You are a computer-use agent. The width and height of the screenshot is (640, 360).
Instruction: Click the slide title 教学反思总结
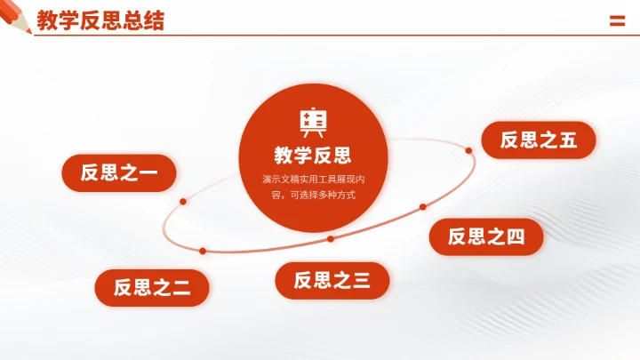(x=100, y=20)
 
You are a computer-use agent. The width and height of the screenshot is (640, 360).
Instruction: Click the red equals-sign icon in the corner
(x=617, y=21)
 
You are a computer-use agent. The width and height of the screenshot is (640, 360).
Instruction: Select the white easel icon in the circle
(x=313, y=121)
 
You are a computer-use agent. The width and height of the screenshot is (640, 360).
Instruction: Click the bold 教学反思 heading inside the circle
(x=313, y=156)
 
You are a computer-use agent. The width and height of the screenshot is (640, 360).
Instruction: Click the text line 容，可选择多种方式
(x=313, y=194)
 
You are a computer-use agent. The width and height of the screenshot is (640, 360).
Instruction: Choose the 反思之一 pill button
(x=118, y=172)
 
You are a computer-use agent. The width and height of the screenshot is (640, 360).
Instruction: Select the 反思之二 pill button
(x=152, y=287)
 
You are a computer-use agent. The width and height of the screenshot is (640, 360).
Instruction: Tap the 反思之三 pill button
(x=332, y=281)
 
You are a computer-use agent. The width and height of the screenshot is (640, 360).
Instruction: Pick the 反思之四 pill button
(x=485, y=236)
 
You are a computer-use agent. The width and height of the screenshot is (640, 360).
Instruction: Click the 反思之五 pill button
(x=538, y=140)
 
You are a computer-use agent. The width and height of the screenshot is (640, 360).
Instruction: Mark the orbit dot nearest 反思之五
(x=469, y=151)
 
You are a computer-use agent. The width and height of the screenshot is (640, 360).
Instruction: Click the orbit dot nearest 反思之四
(x=423, y=207)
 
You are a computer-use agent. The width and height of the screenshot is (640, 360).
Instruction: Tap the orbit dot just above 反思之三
(x=331, y=238)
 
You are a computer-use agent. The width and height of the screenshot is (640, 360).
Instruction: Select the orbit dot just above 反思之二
(x=203, y=251)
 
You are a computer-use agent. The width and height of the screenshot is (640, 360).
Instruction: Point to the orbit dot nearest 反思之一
(x=183, y=202)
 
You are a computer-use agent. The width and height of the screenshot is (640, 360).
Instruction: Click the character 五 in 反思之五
(x=568, y=140)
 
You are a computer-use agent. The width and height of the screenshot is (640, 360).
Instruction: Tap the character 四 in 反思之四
(x=516, y=236)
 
